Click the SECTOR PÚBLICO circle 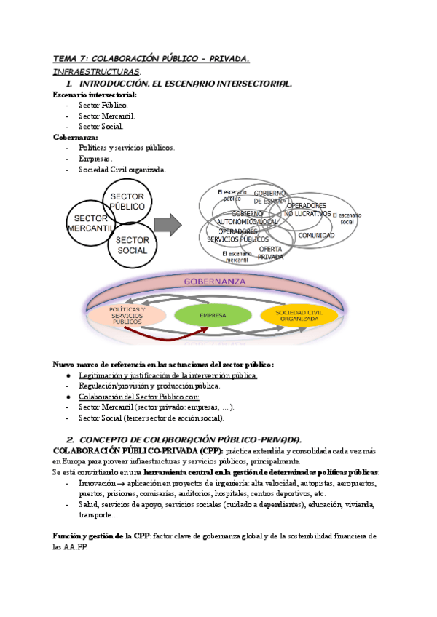coord(128,202)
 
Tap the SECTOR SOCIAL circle coord(132,245)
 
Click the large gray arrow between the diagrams coord(170,223)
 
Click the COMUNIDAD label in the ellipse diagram coord(316,235)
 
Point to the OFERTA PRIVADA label coord(271,252)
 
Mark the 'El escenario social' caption coord(346,219)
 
